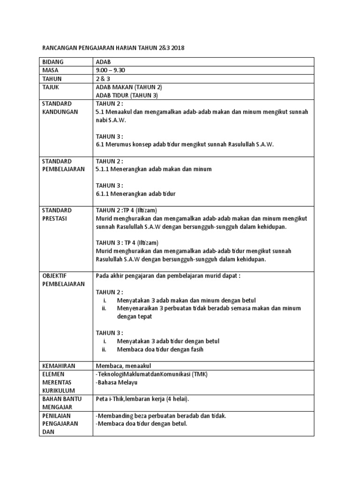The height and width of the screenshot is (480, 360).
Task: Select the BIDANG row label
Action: [x=52, y=62]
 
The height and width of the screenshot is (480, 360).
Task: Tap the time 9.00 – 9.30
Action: [x=111, y=70]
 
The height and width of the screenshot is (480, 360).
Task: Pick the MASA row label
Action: [x=50, y=70]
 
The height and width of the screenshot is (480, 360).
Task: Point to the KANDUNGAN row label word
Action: [x=59, y=112]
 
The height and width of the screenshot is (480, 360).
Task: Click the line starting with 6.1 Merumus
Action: [x=184, y=145]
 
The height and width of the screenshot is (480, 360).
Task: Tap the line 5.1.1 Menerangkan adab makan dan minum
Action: [x=153, y=169]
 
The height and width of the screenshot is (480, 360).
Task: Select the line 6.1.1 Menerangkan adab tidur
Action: [x=135, y=194]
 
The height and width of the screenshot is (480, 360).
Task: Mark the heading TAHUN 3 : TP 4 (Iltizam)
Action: [x=127, y=243]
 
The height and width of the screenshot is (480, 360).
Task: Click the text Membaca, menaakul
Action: [x=123, y=366]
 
